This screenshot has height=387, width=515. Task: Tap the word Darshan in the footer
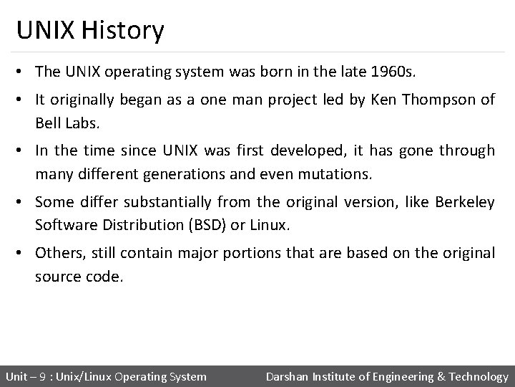[289, 376]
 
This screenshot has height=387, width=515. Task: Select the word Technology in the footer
[477, 376]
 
